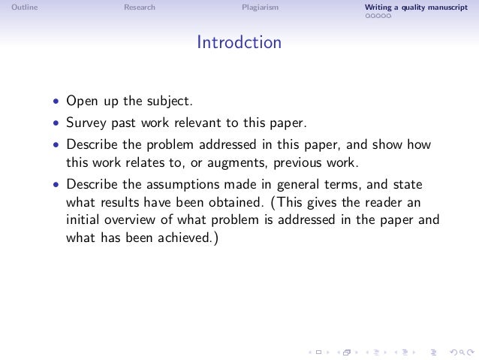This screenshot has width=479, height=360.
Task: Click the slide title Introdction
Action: tap(239, 43)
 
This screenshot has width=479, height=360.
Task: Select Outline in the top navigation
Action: tap(25, 8)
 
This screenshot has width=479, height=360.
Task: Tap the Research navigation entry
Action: tap(140, 8)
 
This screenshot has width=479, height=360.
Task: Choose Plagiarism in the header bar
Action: tap(260, 8)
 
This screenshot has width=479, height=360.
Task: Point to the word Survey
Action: tap(86, 123)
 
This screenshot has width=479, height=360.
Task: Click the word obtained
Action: tap(229, 201)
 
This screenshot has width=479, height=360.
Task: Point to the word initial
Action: tap(83, 220)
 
